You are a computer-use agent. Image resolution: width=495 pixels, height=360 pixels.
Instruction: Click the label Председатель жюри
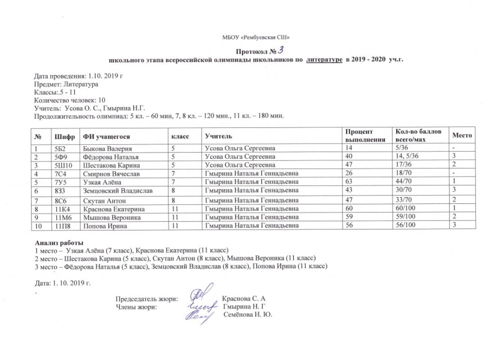(147, 299)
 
